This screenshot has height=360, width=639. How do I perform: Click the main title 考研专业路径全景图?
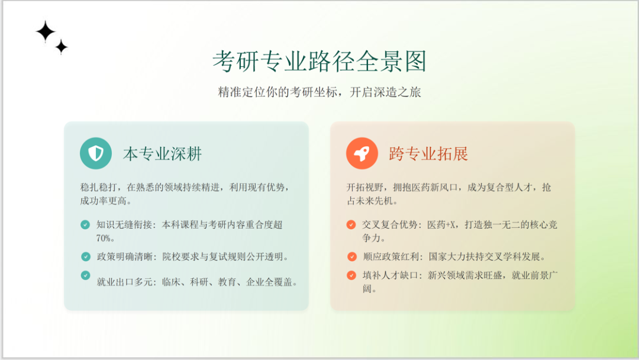[x=319, y=61]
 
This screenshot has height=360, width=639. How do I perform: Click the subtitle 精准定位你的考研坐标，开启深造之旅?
[x=319, y=92]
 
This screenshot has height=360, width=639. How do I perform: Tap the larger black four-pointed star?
[x=45, y=31]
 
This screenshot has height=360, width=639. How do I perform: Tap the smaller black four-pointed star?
[x=62, y=47]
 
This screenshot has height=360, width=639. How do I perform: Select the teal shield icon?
[x=96, y=153]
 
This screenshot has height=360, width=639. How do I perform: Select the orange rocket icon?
[x=362, y=153]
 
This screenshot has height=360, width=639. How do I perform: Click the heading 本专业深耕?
[x=162, y=154]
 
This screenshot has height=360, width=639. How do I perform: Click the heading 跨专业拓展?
[x=428, y=154]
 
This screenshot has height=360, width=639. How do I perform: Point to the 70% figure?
[x=105, y=238]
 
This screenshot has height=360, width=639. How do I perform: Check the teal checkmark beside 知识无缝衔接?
[x=85, y=224]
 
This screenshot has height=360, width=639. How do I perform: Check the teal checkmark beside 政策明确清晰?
[x=86, y=256]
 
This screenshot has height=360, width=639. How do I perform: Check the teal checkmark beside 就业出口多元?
[x=85, y=275]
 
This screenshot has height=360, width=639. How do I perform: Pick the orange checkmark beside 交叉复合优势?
[x=351, y=224]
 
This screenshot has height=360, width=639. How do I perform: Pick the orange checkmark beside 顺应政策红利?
[x=351, y=256]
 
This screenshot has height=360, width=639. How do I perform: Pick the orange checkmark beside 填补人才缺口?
[x=351, y=275]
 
